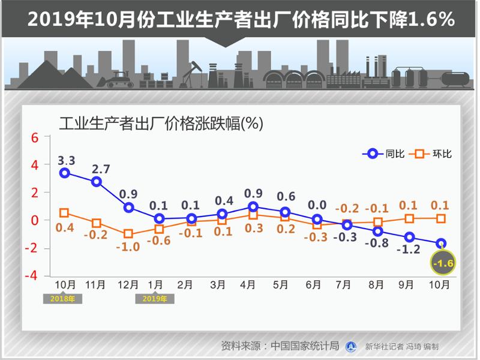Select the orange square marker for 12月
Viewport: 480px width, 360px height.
pyautogui.click(x=128, y=234)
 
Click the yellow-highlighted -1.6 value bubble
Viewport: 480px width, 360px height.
pyautogui.click(x=443, y=263)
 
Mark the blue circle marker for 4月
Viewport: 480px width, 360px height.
pyautogui.click(x=253, y=207)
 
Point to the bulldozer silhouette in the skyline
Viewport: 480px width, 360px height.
pyautogui.click(x=120, y=79)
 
